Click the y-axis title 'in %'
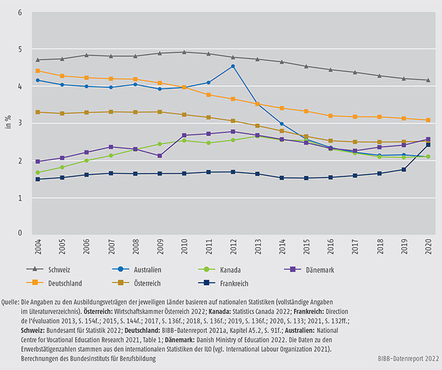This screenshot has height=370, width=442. (8, 121)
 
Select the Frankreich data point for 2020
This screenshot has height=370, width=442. (429, 145)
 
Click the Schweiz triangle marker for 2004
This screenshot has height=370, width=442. (38, 60)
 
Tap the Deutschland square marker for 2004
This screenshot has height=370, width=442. (38, 71)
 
